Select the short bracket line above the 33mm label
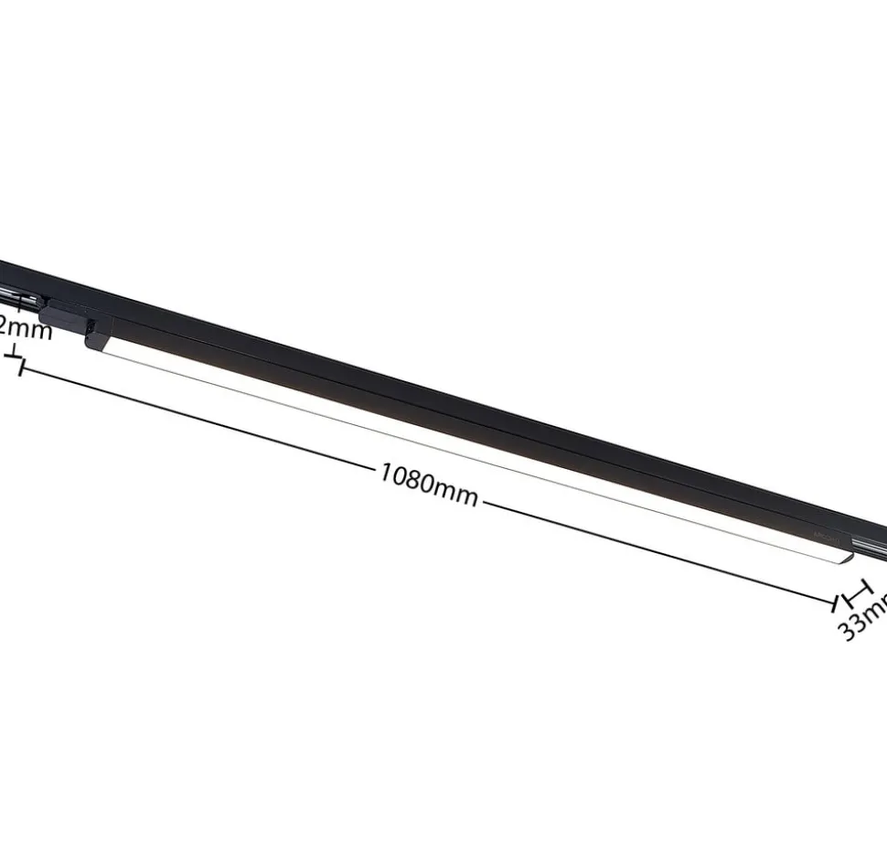pyautogui.click(x=860, y=592)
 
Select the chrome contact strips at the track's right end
pyautogui.click(x=873, y=546)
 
